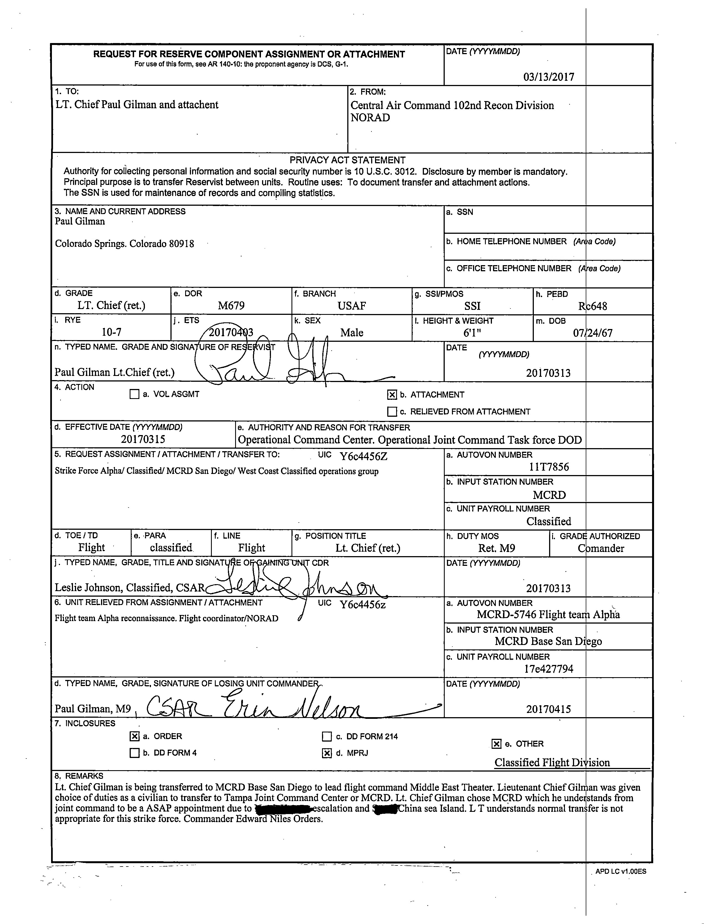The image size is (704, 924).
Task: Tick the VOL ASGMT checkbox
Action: point(134,394)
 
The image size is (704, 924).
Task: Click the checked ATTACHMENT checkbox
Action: point(392,394)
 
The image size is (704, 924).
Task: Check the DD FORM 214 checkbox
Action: point(327,736)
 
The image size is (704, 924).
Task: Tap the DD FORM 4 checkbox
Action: point(134,753)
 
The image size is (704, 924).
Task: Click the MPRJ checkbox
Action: point(327,753)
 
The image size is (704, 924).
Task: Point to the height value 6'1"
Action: point(472,333)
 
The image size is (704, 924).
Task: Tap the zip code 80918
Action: point(182,244)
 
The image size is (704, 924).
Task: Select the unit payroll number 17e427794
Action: point(549,669)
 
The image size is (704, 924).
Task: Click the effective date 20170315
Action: point(143,439)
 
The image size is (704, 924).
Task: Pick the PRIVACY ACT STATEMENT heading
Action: point(347,160)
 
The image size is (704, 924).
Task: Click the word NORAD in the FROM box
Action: point(370,118)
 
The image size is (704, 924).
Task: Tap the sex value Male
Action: point(351,333)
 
